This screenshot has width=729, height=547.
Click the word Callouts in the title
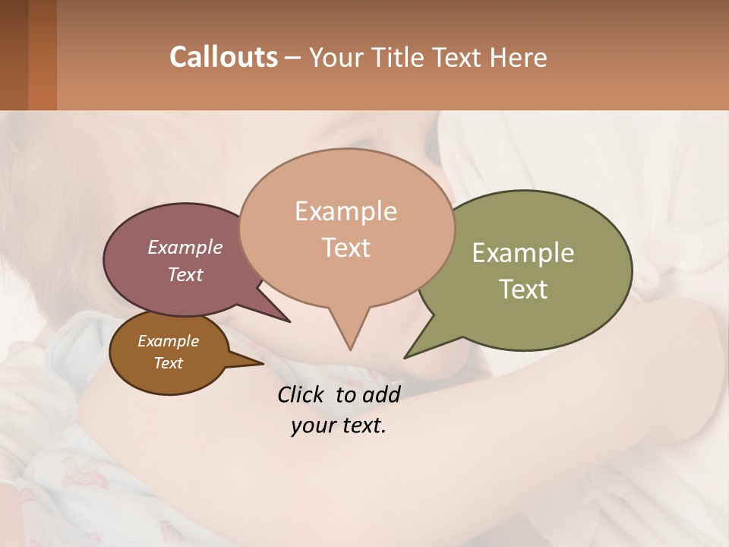[223, 57]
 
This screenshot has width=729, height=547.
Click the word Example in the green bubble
[523, 253]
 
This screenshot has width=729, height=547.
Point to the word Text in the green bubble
[523, 289]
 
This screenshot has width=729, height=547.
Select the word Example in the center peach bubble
[346, 211]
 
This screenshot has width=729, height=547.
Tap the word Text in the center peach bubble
[346, 248]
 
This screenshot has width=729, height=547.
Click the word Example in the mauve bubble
[185, 248]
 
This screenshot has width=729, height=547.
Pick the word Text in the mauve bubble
[185, 274]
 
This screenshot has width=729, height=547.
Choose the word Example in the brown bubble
[168, 341]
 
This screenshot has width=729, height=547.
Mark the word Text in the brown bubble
[168, 363]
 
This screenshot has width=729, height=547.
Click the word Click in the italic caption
[300, 394]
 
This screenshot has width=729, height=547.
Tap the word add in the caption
[380, 394]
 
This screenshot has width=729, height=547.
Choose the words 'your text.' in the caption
[339, 426]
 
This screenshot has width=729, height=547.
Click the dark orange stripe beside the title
[42, 55]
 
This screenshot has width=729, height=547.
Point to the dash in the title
[293, 58]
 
